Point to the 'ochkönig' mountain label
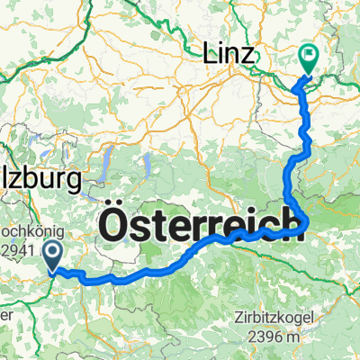click(31, 243)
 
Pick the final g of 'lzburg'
click(74, 182)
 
